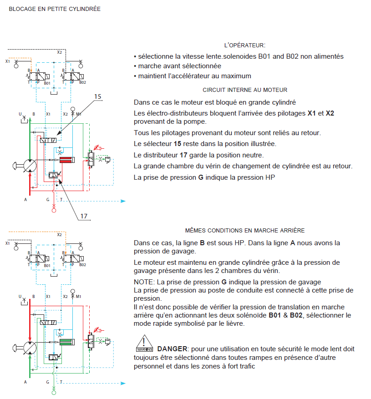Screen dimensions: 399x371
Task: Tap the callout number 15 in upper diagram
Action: tap(98, 97)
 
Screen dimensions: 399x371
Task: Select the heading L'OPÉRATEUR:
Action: tap(244, 45)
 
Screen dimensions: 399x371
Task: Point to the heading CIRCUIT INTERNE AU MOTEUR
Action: tap(244, 90)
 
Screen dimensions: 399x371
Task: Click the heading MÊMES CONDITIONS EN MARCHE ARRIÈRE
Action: tap(244, 231)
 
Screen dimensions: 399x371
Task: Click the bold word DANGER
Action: tap(172, 349)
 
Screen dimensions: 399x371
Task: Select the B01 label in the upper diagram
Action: tap(47, 83)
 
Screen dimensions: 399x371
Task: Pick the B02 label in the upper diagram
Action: tap(83, 83)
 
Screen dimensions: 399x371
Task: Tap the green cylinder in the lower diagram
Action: tap(66, 342)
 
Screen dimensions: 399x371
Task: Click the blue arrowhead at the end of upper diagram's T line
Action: tap(122, 200)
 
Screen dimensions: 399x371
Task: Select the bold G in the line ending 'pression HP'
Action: tap(201, 177)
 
